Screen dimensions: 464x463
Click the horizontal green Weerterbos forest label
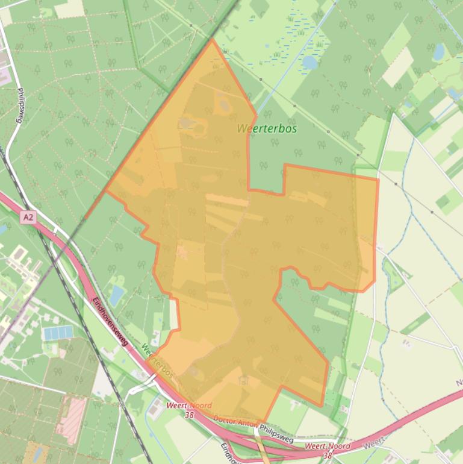[267, 128]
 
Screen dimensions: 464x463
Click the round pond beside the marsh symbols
[309, 62]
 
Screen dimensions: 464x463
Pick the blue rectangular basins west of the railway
[58, 333]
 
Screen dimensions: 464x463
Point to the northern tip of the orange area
[212, 40]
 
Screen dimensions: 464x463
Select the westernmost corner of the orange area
[106, 192]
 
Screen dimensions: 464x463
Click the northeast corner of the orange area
[378, 179]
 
